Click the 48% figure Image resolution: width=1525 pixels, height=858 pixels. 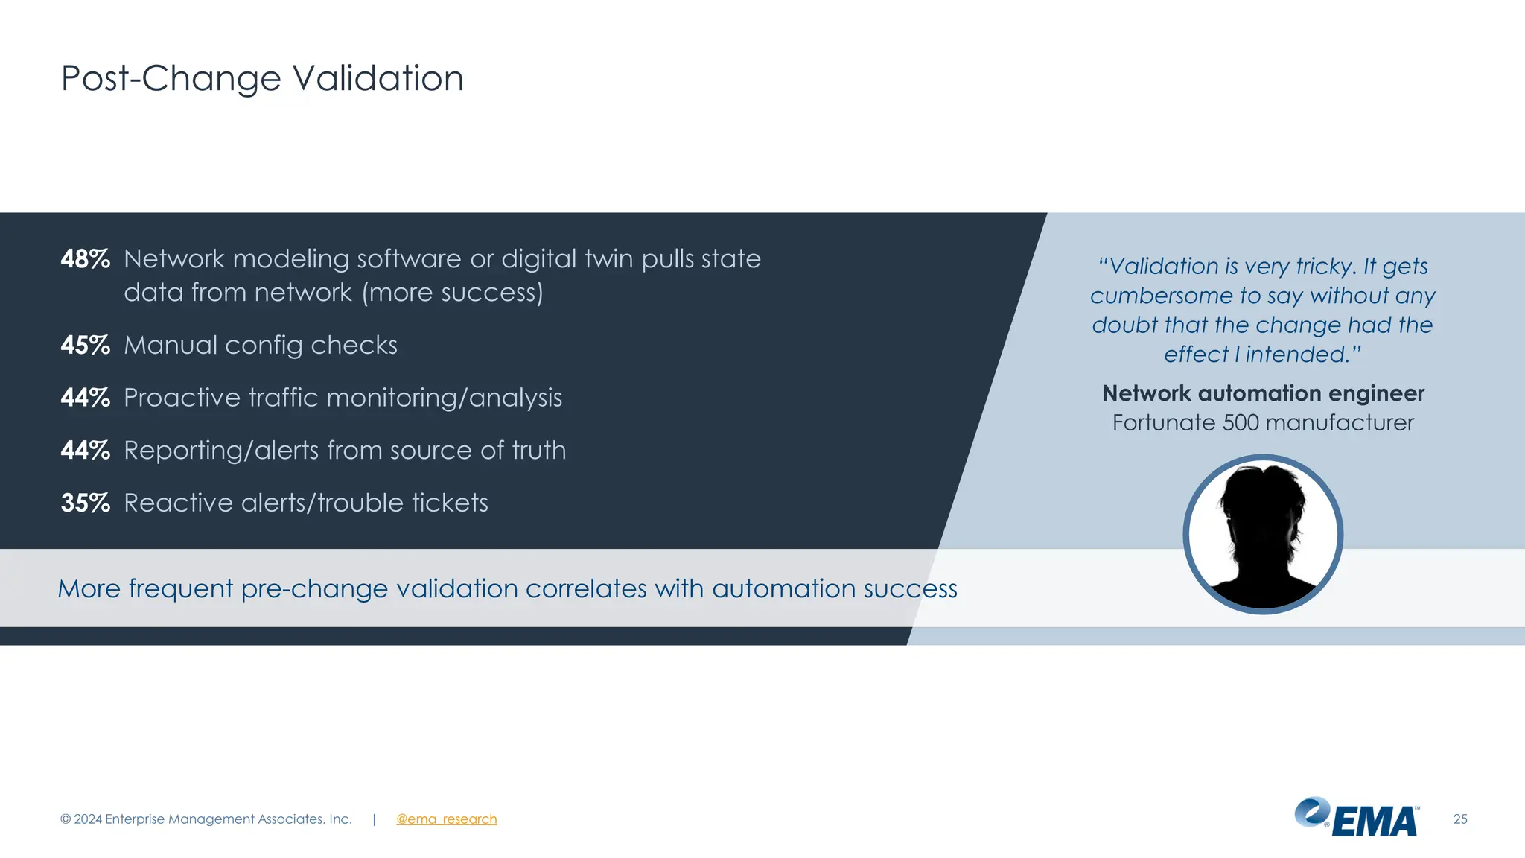85,259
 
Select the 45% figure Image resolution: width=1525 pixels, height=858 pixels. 85,346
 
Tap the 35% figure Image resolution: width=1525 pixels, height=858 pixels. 85,503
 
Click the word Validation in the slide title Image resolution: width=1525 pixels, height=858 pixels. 378,78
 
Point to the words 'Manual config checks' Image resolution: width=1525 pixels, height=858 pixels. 260,346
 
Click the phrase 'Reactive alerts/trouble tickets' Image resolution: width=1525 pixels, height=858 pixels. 305,503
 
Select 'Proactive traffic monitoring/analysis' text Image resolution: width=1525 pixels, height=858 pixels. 343,398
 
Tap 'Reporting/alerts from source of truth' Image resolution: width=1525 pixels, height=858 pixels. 345,451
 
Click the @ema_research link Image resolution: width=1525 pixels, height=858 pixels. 446,819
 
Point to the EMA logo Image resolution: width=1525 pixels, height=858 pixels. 1357,818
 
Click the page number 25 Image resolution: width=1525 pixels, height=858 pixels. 1460,819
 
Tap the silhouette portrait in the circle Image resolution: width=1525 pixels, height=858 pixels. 1263,534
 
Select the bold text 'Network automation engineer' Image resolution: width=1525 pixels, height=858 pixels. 1263,393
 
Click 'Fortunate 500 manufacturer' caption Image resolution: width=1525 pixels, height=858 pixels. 1263,423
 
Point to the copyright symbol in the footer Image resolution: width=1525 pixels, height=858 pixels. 66,819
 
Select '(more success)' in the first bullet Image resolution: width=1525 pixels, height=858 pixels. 453,293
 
